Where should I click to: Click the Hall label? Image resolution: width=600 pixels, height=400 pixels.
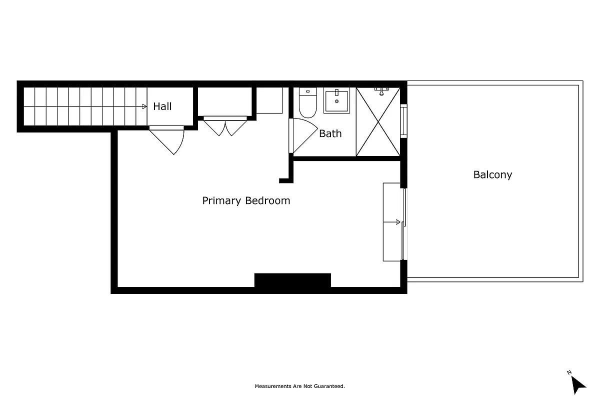(x=162, y=106)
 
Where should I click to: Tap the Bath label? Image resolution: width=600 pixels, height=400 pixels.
(x=330, y=133)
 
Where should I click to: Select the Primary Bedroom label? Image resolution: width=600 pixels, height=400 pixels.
(x=246, y=200)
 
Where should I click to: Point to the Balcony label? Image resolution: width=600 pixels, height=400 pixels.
(x=492, y=174)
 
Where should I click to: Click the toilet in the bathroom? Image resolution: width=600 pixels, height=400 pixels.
(x=307, y=103)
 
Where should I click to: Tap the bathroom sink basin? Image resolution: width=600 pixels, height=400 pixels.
(x=337, y=101)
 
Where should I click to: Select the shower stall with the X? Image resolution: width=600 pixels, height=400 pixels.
(x=378, y=121)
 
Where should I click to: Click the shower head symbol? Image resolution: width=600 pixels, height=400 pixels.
(x=382, y=91)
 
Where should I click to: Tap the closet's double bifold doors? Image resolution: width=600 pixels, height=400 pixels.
(x=225, y=126)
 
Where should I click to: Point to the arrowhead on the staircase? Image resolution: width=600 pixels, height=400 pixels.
(x=144, y=106)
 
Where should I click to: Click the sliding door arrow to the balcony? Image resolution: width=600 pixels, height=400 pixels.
(x=398, y=222)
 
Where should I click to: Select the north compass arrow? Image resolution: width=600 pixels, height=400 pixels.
(x=578, y=384)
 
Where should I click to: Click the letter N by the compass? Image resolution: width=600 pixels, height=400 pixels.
(x=569, y=372)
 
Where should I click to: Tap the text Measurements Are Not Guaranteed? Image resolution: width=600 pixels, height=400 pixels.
(x=299, y=386)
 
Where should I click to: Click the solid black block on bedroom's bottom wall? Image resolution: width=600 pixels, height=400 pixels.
(x=292, y=280)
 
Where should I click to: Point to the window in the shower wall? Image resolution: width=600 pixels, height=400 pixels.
(x=404, y=120)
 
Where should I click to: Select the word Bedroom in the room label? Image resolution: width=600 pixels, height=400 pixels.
(x=267, y=200)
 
